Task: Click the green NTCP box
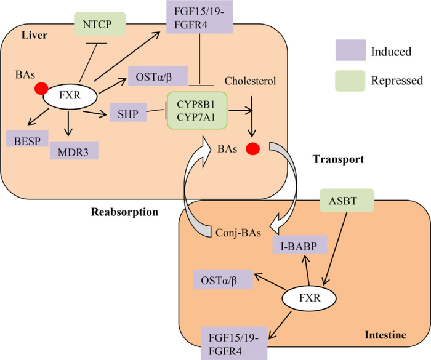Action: [99, 25]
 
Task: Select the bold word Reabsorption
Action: [126, 212]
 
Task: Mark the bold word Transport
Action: [338, 159]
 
